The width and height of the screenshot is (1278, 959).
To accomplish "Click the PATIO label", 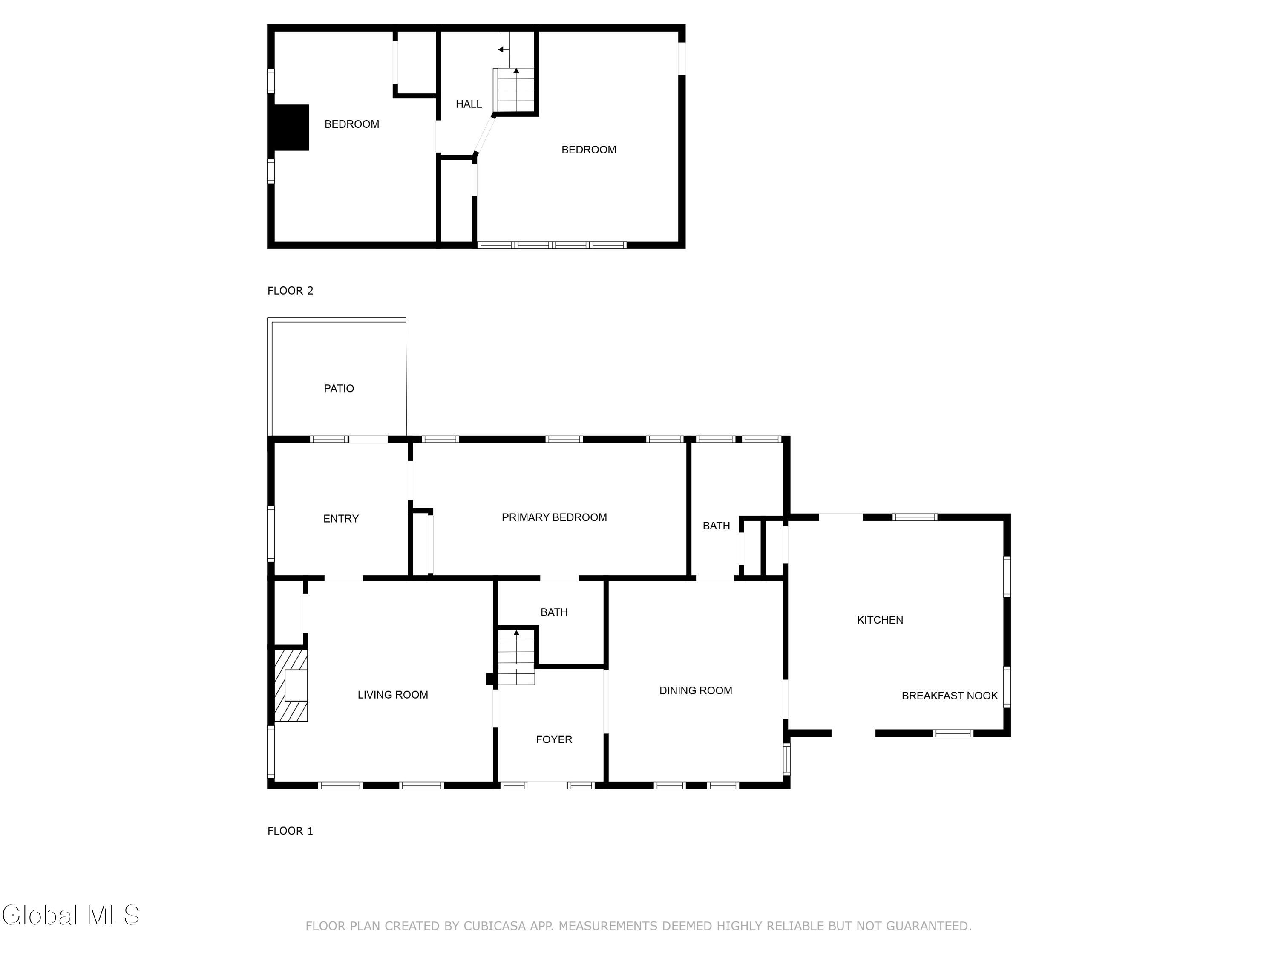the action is (339, 388).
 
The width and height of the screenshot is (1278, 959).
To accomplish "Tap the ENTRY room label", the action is (341, 519).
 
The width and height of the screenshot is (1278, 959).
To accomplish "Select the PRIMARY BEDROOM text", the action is (554, 517).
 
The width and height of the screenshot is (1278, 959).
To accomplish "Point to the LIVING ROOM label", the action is (393, 695).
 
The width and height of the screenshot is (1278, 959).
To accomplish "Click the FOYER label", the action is (554, 739).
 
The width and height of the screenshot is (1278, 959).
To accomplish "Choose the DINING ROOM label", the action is (696, 690).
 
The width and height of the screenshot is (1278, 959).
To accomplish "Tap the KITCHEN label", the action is (880, 620).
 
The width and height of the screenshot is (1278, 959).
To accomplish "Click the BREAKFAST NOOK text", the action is (950, 696).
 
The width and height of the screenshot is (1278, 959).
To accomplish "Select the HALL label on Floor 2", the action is (469, 104).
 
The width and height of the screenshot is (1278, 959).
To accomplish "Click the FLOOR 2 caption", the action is (291, 291).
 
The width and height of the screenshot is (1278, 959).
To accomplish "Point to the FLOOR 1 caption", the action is (290, 831).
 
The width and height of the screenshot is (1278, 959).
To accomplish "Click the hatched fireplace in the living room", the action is (291, 685).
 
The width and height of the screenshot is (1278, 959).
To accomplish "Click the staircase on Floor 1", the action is (516, 657).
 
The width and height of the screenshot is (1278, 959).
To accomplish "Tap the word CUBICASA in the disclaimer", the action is (495, 926).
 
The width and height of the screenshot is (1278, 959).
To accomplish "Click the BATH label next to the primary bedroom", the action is (717, 526).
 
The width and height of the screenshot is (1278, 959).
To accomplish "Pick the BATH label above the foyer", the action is (554, 612).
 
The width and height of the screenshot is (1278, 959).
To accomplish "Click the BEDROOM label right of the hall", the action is (589, 150).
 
